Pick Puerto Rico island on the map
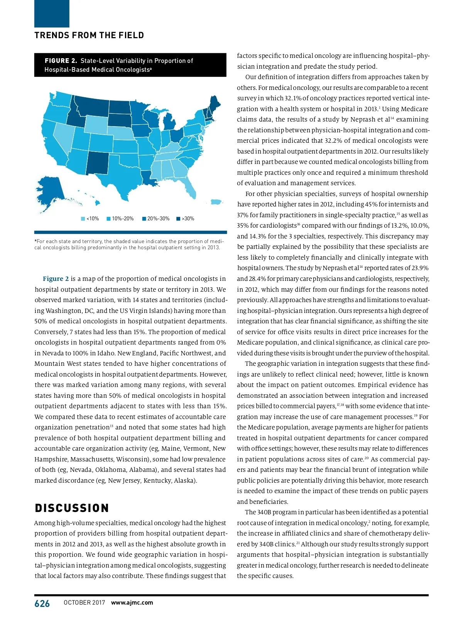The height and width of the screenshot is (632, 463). (x=217, y=202)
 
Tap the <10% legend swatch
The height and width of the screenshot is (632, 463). (x=83, y=219)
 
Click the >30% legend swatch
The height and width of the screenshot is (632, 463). (x=178, y=219)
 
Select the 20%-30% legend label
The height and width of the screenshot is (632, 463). (x=158, y=219)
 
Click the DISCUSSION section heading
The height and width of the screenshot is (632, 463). (x=72, y=508)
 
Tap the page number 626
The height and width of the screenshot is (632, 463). (x=42, y=603)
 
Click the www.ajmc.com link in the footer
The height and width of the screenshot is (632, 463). (x=132, y=602)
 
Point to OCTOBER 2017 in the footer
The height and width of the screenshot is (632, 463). (x=84, y=603)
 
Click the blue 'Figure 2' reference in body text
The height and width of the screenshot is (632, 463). (x=56, y=279)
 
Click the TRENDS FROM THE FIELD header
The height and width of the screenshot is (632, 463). (x=89, y=35)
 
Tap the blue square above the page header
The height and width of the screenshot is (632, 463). (x=52, y=14)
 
